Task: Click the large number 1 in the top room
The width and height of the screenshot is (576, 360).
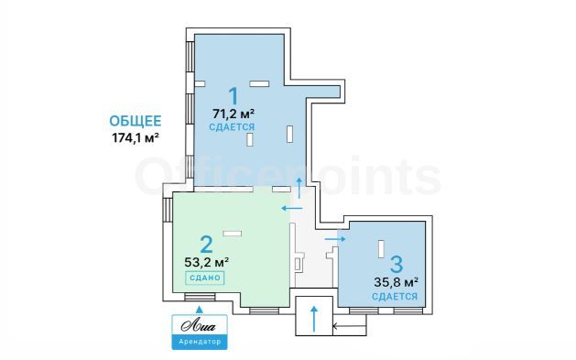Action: point(234,96)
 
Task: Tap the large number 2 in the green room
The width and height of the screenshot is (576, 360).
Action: point(206,245)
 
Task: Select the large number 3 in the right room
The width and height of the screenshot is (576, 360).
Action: point(397,264)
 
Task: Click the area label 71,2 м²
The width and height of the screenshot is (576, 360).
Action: point(234,114)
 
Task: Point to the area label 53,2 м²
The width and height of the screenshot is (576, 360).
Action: point(207,262)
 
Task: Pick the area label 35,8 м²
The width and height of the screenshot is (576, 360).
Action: point(397,282)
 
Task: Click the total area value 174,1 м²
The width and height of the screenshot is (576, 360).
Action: point(136,138)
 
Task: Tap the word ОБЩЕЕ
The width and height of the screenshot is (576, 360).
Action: point(136,121)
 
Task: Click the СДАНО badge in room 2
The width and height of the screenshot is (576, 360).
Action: point(205,278)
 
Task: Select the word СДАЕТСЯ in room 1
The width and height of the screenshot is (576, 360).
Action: point(232,127)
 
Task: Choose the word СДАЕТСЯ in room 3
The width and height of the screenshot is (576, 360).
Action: point(395,296)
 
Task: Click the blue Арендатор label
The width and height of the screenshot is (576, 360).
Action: point(200,342)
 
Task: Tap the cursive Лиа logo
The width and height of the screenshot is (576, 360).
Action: point(199,326)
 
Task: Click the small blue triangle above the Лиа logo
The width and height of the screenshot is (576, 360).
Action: point(199,310)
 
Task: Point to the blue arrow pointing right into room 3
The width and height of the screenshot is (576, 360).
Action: point(335,239)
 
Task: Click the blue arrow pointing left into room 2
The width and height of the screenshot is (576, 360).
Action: point(292,209)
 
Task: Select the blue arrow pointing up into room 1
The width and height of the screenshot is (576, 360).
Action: point(299,188)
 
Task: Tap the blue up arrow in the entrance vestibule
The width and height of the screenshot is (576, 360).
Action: point(314,319)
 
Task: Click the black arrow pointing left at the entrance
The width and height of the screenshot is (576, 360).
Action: point(349,326)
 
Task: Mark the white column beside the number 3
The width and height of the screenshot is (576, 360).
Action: point(382,247)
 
